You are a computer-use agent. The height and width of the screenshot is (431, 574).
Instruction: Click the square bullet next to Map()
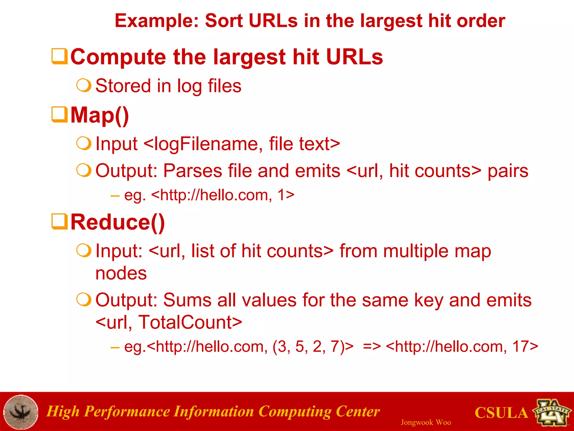59,114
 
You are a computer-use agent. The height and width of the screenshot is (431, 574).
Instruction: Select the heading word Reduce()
117,222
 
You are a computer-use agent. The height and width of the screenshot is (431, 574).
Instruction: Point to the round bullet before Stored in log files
84,86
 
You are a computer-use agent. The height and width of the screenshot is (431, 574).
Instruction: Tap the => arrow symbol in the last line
372,347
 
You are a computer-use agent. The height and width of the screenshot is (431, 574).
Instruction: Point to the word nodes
121,273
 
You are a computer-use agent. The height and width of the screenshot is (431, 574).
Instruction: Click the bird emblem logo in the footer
21,412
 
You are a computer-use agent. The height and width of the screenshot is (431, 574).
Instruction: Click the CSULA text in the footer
501,413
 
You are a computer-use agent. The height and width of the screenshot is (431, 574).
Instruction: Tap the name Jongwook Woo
425,422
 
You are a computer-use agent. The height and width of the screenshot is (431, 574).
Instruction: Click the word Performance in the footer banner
126,412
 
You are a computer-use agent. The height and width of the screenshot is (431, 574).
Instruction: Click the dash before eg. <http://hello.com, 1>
115,196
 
